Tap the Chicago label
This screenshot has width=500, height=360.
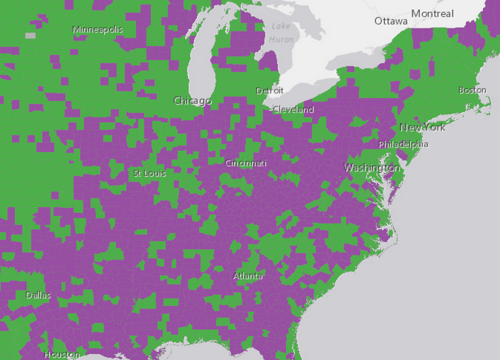click(x=192, y=100)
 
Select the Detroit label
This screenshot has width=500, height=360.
click(x=269, y=91)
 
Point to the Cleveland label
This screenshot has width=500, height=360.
click(x=293, y=109)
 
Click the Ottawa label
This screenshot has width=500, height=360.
click(x=391, y=21)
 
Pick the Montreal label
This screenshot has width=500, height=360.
click(x=432, y=14)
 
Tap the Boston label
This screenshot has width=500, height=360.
click(x=472, y=90)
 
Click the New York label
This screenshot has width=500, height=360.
click(x=423, y=127)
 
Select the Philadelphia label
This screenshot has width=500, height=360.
click(x=403, y=144)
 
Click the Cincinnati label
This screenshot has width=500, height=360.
click(x=246, y=163)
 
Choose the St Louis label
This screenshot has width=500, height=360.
click(x=149, y=173)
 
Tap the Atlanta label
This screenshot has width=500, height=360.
click(x=248, y=276)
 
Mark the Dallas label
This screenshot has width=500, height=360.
click(x=39, y=295)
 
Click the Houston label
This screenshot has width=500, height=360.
click(x=62, y=354)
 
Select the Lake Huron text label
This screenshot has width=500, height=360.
click(x=281, y=33)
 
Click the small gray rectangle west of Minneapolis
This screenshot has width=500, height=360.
click(x=30, y=35)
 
